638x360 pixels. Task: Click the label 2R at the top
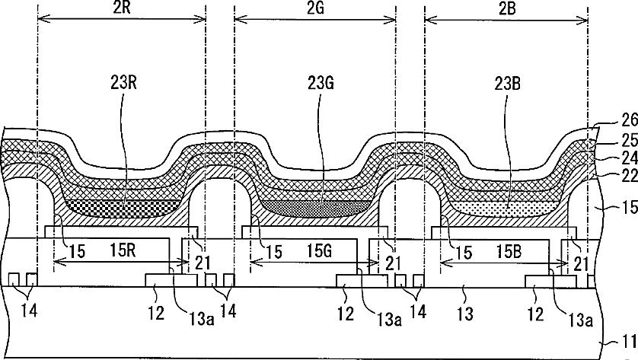[122, 8]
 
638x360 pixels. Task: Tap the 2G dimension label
[315, 8]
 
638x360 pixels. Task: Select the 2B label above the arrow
[506, 8]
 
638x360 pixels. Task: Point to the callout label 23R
[123, 83]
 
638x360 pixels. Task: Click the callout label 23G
[321, 83]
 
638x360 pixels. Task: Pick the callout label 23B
[508, 84]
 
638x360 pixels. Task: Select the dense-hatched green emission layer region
[316, 208]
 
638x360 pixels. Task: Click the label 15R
[123, 250]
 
